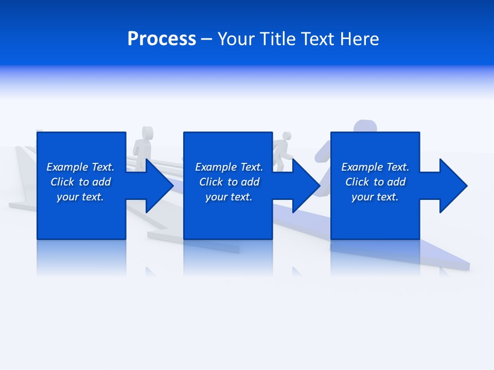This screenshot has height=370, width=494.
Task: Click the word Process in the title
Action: point(162,39)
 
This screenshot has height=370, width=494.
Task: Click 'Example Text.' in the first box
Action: point(80,167)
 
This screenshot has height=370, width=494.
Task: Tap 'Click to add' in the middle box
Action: point(229,182)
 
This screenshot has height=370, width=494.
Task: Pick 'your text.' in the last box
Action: point(375,197)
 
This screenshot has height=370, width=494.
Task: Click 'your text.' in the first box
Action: point(80,197)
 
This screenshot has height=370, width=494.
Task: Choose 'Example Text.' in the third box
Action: point(375,167)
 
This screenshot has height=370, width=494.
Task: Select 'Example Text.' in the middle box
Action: point(229,167)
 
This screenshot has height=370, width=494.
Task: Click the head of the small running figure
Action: point(287,136)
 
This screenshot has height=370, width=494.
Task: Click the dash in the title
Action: point(206,40)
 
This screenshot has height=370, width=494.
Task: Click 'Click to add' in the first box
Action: point(80,182)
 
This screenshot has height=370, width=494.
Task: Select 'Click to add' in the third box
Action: point(375,182)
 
